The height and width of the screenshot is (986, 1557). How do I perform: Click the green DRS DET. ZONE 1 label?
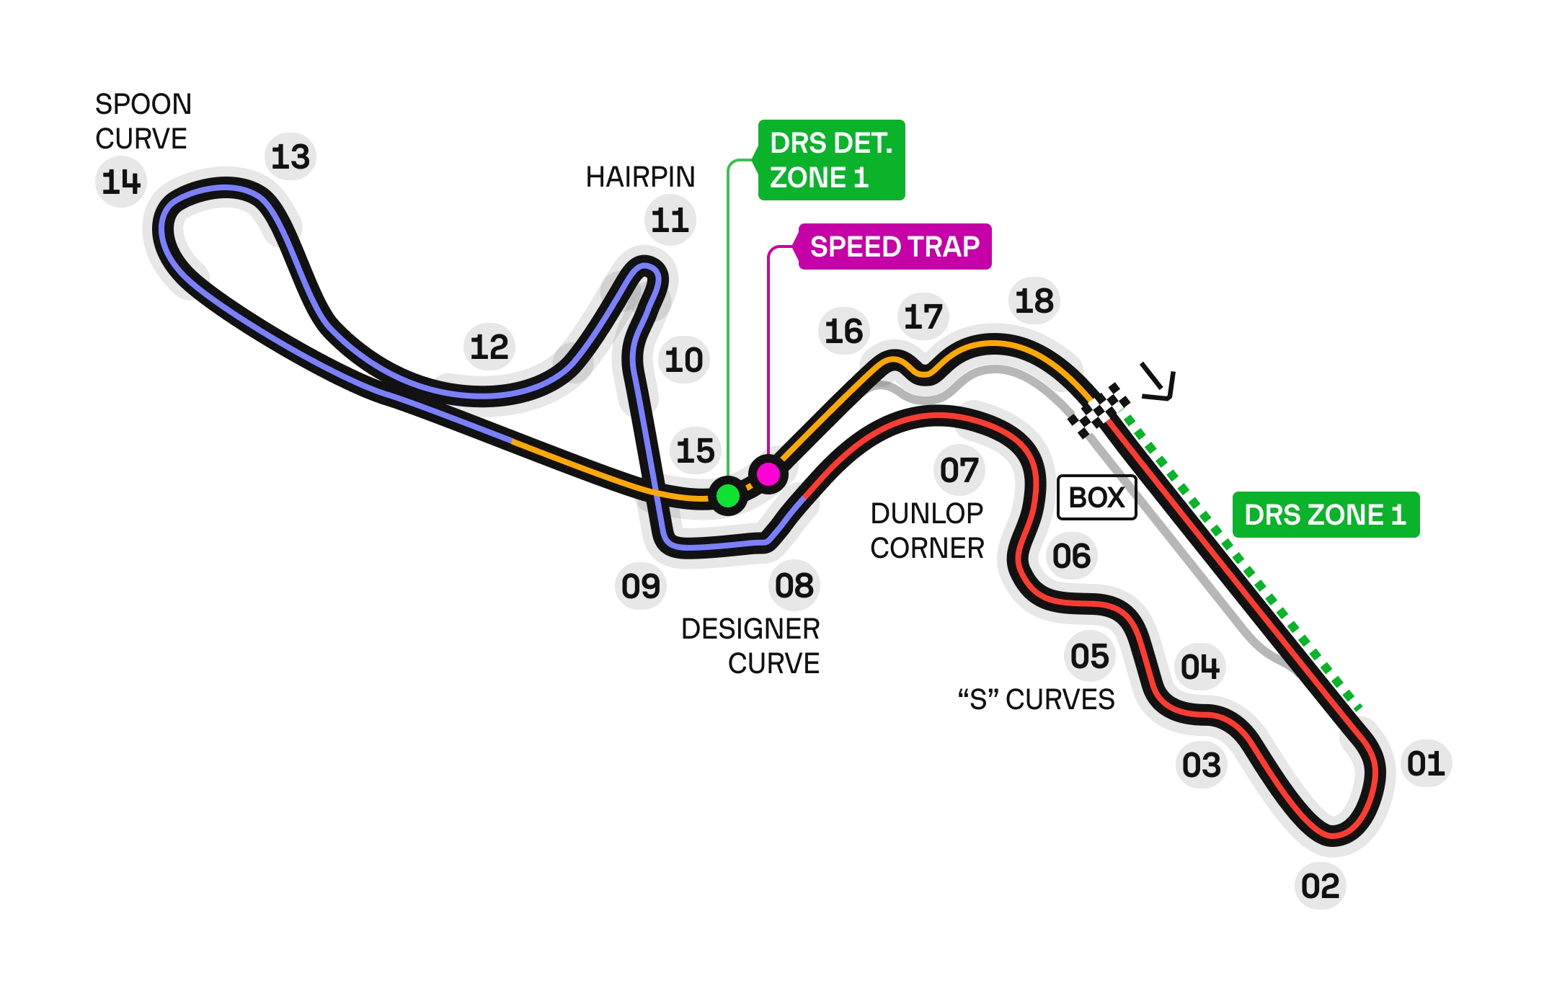[830, 159]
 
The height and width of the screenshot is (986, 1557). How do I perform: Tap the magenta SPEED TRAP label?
[894, 246]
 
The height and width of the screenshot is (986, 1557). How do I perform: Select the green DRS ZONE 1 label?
[1325, 515]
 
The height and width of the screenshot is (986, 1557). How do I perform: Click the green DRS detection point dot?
[728, 496]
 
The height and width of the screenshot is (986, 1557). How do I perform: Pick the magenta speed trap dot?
[768, 474]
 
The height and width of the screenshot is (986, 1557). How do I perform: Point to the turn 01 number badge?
[1425, 764]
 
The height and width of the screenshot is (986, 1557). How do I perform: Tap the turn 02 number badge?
[1321, 884]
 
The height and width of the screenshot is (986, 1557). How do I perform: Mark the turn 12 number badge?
[490, 347]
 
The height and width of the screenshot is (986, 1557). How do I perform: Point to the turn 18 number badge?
[1034, 302]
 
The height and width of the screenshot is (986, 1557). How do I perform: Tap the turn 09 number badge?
[639, 585]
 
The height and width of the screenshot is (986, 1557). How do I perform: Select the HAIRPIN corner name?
[639, 177]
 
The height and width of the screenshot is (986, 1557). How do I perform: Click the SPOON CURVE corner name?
[141, 121]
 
